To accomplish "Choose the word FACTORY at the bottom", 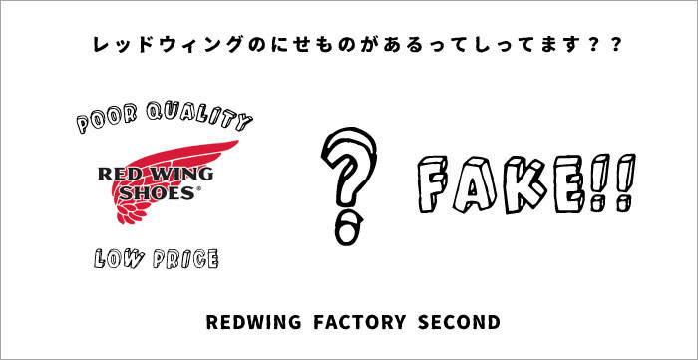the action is click(x=355, y=324).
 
